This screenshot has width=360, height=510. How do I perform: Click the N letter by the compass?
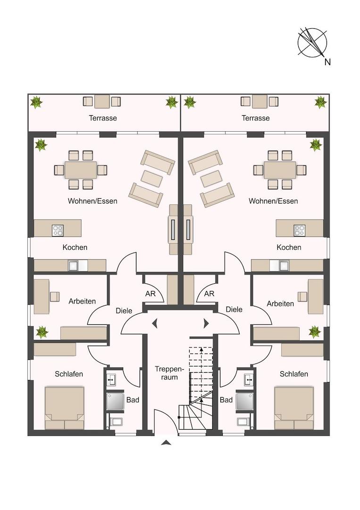327,62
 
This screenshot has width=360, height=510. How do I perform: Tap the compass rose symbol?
312,42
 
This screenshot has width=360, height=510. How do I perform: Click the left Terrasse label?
103,118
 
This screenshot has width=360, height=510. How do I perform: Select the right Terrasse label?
256,118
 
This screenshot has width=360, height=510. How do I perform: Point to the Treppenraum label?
169,373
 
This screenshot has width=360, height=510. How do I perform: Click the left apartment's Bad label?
133,399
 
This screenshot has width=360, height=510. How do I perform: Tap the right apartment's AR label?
209,294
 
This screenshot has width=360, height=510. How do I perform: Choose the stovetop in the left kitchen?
58,230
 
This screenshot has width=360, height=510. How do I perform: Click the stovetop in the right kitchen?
299,230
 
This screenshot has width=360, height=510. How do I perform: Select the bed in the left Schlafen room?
65,408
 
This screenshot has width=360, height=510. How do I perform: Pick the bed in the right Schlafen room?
294,408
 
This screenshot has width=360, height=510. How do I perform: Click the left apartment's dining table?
81,170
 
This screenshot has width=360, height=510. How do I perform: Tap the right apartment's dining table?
280,170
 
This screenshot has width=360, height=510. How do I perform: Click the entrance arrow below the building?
166,442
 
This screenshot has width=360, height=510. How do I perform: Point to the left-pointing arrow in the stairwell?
155,323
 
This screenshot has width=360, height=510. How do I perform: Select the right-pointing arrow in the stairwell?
206,323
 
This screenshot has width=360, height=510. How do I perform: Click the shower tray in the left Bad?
115,401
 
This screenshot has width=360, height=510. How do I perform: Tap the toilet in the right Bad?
243,422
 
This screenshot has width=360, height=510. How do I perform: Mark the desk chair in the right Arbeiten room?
302,297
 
